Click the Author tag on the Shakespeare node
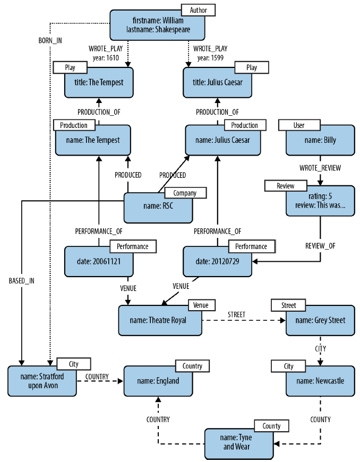click(198, 10)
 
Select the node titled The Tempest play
click(99, 82)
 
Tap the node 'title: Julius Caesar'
click(217, 82)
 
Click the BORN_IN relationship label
click(50, 40)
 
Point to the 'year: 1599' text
click(210, 58)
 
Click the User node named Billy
click(320, 140)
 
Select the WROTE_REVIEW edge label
click(320, 168)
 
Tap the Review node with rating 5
click(320, 201)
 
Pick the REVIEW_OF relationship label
click(320, 246)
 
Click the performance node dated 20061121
click(99, 262)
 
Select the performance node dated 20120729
click(217, 262)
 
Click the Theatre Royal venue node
click(160, 320)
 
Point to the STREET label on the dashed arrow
click(236, 315)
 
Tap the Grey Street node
click(320, 320)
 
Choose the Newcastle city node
click(320, 381)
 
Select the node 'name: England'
click(158, 381)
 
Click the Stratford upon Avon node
click(42, 381)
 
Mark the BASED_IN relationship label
click(22, 281)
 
